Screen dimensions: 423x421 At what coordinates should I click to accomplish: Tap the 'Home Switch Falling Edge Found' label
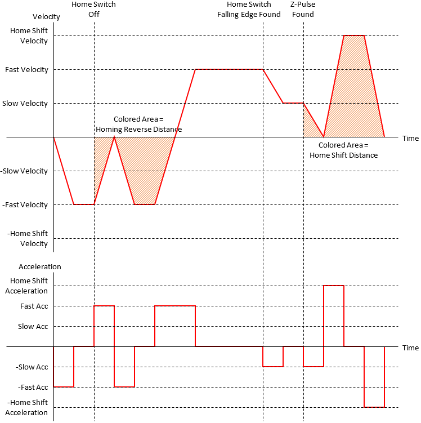[x=249, y=10]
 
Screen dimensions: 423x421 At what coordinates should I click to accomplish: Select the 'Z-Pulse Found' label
[x=303, y=10]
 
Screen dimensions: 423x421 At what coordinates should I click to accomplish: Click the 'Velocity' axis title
[x=46, y=17]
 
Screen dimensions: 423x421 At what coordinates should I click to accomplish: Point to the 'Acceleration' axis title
[x=40, y=266]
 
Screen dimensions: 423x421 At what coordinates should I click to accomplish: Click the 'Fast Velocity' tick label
[x=26, y=70]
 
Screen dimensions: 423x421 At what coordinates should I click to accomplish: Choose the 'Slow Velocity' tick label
[x=25, y=104]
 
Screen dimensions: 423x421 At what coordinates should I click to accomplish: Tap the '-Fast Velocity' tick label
[x=25, y=205]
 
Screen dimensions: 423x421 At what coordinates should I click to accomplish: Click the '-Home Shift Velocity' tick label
[x=28, y=239]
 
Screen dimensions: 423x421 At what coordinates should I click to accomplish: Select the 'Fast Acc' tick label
[x=34, y=306]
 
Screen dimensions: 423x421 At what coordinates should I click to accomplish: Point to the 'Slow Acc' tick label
[x=33, y=327]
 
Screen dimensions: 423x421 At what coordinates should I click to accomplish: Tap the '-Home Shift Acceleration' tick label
[x=28, y=408]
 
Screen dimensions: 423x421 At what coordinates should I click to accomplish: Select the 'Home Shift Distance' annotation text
[x=343, y=150]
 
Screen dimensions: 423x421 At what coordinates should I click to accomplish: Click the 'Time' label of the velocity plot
[x=410, y=138]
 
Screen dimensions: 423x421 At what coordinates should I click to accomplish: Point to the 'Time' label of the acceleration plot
[x=410, y=348]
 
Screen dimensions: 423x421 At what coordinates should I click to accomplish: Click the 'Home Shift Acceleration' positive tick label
[x=29, y=286]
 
